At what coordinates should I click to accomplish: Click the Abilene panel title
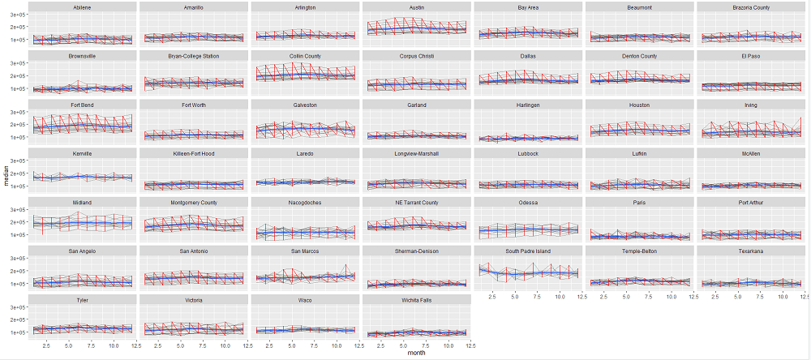[x=81, y=7]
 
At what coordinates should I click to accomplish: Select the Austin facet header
[x=416, y=7]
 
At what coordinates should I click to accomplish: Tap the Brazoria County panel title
[x=750, y=7]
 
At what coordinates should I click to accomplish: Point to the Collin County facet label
[x=304, y=56]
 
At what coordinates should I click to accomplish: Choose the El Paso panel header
[x=750, y=56]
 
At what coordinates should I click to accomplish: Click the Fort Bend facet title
[x=81, y=105]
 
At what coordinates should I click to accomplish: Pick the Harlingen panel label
[x=527, y=105]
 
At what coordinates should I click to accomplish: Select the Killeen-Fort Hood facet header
[x=193, y=153]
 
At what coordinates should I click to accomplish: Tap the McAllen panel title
[x=750, y=153]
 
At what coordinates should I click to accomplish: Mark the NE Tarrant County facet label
[x=416, y=202]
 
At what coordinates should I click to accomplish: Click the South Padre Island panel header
[x=527, y=251]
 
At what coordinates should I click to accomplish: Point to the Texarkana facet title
[x=750, y=251]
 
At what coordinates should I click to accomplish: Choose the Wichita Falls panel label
[x=416, y=300]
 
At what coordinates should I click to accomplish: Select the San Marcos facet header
[x=304, y=251]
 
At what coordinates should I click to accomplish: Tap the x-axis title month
[x=416, y=354]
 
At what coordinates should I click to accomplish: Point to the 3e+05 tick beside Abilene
[x=16, y=15]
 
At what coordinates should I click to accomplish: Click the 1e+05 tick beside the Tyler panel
[x=16, y=332]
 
